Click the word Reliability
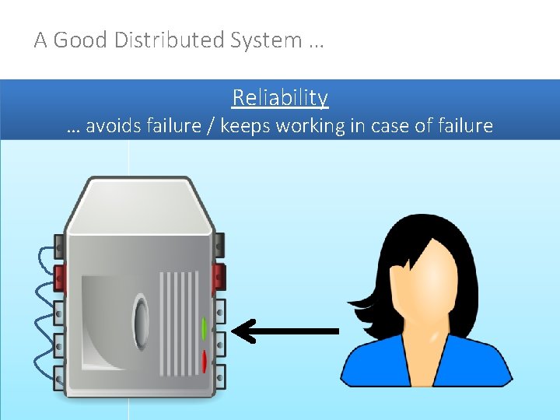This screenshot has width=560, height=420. pos(280,98)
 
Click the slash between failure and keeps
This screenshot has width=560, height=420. pos(209,126)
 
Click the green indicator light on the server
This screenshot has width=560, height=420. pos(204,328)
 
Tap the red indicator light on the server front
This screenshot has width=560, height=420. pos(204,361)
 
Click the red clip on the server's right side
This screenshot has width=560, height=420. pos(219,276)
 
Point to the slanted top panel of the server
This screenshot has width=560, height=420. pos(140,204)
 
